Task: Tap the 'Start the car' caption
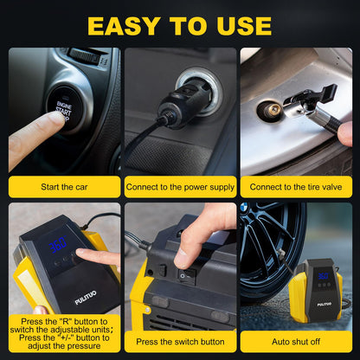(x=62, y=186)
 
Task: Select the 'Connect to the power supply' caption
(x=179, y=186)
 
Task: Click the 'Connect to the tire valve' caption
(x=296, y=186)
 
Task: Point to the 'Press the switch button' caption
(x=179, y=342)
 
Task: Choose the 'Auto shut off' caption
(x=296, y=342)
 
